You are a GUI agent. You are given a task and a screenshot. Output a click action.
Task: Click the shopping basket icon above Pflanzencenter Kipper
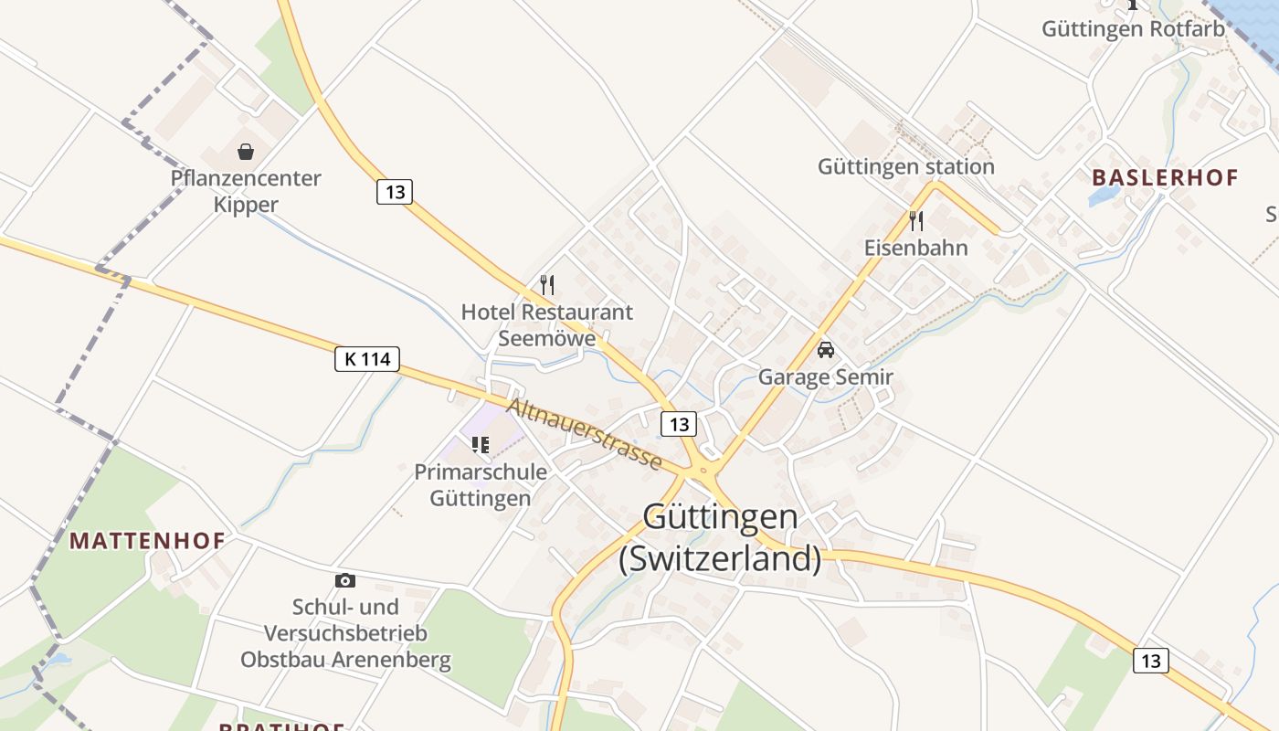246,152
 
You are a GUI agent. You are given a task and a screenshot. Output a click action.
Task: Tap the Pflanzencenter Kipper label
246,191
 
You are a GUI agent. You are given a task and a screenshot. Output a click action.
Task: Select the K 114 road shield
367,359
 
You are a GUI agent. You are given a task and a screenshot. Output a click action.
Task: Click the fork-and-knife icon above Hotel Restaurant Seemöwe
547,285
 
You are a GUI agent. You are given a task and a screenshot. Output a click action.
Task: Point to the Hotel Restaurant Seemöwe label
546,324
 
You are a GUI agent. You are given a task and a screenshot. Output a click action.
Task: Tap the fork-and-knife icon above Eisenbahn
916,220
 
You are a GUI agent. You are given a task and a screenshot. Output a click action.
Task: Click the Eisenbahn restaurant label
916,248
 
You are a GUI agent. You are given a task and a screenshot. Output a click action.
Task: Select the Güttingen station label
905,166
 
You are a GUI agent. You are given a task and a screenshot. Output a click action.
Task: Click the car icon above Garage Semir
826,350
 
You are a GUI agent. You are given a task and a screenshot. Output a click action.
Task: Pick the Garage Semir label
826,376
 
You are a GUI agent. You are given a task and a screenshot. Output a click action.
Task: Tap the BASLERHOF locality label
1165,177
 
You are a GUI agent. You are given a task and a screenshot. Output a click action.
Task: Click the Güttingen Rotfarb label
1133,29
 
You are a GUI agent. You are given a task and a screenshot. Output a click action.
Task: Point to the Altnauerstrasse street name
585,434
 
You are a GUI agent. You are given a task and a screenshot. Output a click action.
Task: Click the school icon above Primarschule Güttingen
480,445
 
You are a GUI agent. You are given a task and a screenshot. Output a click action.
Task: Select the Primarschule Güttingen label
481,485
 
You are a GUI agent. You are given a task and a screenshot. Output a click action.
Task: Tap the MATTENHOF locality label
147,540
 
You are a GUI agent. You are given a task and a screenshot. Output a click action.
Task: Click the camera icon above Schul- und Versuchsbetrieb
345,580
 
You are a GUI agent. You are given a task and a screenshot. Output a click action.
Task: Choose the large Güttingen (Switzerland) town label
720,537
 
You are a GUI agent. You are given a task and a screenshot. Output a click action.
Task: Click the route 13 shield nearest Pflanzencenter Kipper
395,192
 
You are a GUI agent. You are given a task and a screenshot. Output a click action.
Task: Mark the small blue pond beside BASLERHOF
1104,196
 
